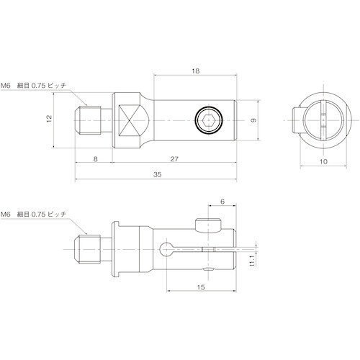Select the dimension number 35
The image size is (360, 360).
(x=156, y=174)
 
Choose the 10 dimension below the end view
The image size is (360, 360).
(x=323, y=162)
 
